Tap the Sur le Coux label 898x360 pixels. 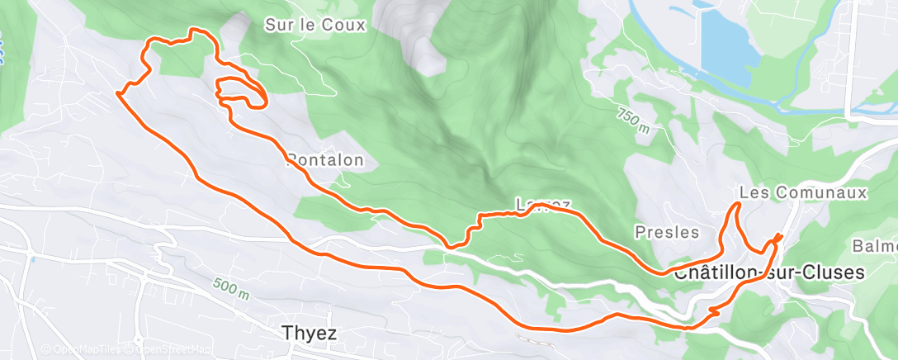(314, 25)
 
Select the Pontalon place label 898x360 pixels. (324, 161)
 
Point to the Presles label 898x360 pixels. (667, 232)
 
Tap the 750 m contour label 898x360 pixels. (633, 120)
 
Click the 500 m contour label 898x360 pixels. (230, 288)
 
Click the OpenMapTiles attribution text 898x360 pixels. (81, 350)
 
